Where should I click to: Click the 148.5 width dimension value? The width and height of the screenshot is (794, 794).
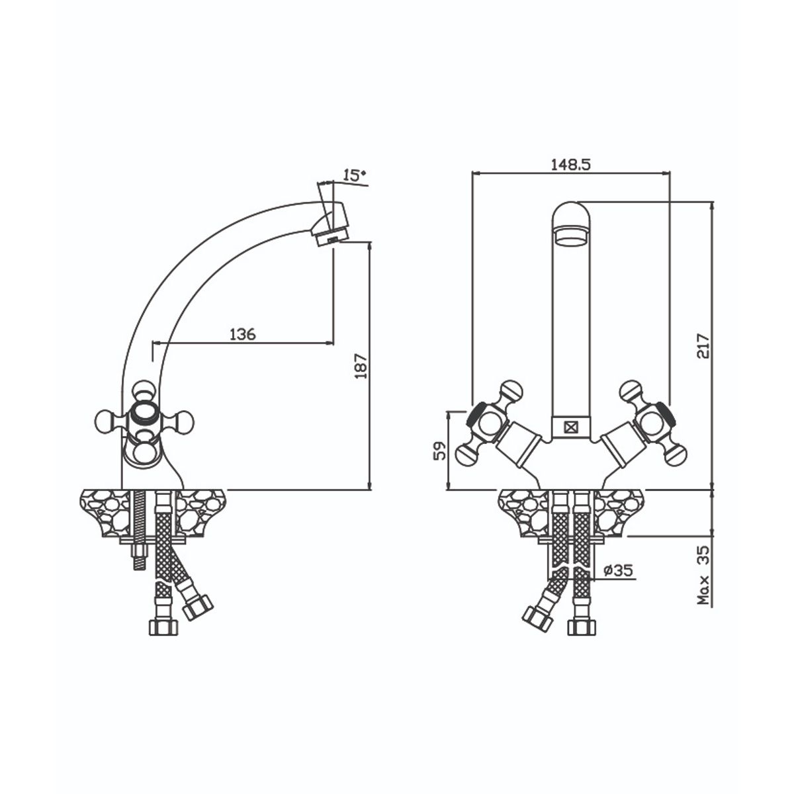click(x=570, y=164)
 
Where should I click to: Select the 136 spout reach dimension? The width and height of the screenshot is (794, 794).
click(x=242, y=333)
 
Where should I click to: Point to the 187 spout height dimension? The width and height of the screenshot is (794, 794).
click(x=361, y=365)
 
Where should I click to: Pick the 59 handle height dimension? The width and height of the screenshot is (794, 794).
click(x=440, y=451)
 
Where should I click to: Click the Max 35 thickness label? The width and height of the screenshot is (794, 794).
click(x=704, y=576)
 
